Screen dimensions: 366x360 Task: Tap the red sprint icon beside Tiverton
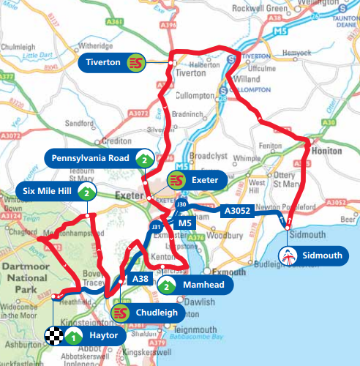(x=135, y=63)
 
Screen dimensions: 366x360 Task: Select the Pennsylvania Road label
(x=90, y=158)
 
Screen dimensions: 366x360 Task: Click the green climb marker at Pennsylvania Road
(x=145, y=158)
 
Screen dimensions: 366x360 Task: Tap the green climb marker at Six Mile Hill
(x=86, y=193)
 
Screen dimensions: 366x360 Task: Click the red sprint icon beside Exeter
(x=176, y=179)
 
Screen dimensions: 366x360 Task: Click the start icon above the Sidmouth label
(x=289, y=255)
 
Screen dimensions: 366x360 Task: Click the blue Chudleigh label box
(x=153, y=313)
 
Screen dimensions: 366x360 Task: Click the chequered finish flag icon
(x=53, y=337)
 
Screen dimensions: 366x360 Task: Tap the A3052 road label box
(x=236, y=211)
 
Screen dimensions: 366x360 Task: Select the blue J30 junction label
(x=183, y=203)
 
